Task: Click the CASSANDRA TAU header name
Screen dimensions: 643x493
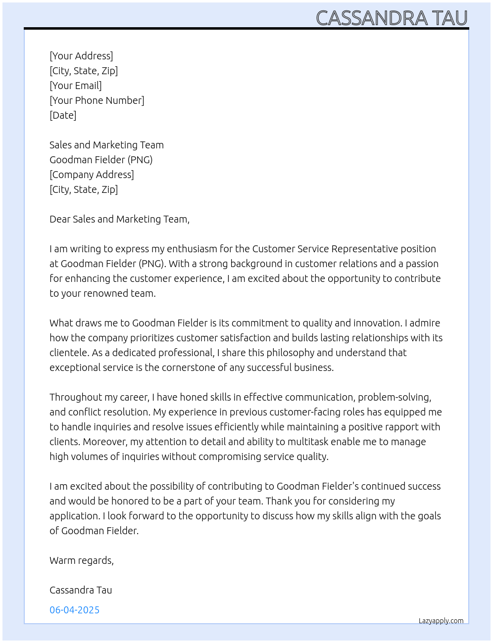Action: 392,18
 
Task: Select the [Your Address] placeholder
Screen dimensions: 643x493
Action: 81,56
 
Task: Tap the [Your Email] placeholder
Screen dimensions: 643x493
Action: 76,86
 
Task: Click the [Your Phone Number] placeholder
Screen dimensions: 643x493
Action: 97,100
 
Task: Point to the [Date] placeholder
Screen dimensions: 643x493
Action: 63,115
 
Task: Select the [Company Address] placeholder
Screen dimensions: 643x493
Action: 92,175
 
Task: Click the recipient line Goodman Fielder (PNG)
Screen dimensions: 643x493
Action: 101,160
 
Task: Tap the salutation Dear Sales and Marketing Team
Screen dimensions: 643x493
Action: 119,219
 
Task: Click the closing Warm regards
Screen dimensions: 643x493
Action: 81,560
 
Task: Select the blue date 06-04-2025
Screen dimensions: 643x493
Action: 74,610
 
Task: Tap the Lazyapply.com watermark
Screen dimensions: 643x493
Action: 441,621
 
